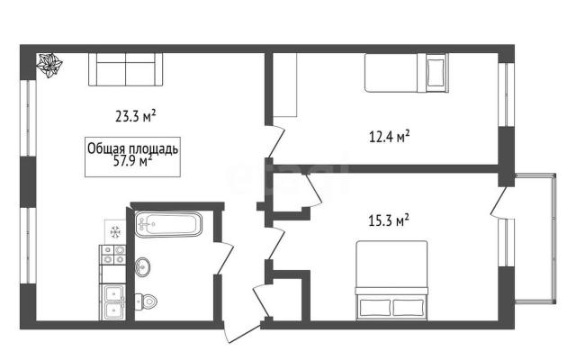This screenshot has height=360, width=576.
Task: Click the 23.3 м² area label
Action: click(x=136, y=116)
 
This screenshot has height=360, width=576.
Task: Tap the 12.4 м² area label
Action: click(x=390, y=137)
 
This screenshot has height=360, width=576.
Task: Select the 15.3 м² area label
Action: click(x=389, y=220)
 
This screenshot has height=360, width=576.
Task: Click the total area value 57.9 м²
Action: click(x=132, y=162)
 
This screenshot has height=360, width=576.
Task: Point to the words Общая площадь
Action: click(x=133, y=148)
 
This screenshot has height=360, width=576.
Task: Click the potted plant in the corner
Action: click(x=49, y=66)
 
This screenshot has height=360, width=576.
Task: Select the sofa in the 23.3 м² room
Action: click(x=126, y=69)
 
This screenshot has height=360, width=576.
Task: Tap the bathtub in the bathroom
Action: click(x=168, y=224)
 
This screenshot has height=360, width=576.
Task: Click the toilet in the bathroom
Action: click(x=146, y=301)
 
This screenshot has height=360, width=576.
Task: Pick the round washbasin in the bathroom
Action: click(x=142, y=266)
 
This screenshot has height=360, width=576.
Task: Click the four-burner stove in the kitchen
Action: click(x=113, y=255)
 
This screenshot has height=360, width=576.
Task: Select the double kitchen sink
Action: click(x=113, y=301)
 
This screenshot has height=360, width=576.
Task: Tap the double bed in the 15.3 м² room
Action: click(x=391, y=280)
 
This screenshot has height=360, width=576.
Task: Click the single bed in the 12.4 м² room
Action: click(x=406, y=73)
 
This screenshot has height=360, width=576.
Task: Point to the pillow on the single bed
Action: click(x=436, y=73)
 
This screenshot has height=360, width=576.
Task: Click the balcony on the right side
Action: click(x=535, y=238)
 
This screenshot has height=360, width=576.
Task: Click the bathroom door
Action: click(x=224, y=258)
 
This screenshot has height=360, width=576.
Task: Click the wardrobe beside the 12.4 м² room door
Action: click(x=284, y=85)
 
